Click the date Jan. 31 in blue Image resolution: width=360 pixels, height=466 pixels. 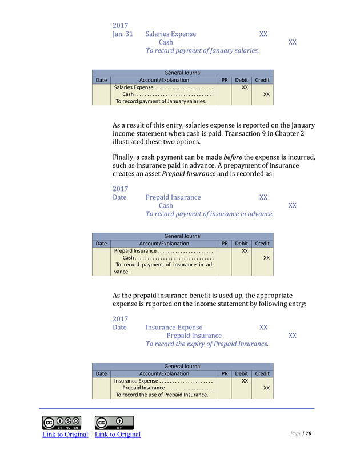coord(123,34)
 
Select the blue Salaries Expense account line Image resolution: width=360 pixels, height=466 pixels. coord(170,34)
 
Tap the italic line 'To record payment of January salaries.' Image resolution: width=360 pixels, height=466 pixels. coord(202,50)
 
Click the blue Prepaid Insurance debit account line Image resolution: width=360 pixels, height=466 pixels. coord(173,197)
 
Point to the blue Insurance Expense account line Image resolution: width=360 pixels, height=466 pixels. coord(174,328)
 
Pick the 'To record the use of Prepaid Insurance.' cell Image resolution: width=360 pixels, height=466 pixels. coord(162,395)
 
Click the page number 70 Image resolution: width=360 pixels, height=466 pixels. coord(308,433)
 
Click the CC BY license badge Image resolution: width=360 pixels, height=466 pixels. coord(114,423)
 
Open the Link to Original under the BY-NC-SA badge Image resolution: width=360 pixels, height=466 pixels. coord(65,435)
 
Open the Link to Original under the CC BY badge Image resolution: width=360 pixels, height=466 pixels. coord(118,435)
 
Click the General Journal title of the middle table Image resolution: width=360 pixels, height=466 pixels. coord(182,236)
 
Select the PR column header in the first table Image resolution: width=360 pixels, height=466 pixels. coord(225,80)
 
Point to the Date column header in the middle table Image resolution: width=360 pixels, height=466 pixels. coord(101,244)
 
